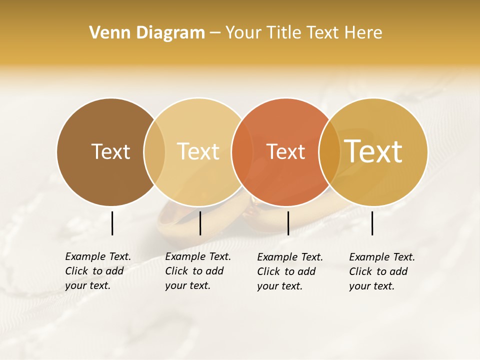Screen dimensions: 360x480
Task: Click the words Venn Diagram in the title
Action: point(147,33)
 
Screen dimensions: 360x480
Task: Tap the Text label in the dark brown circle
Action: point(110,151)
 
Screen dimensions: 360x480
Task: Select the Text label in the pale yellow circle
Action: point(198,151)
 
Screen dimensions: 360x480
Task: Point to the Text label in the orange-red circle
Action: point(286,151)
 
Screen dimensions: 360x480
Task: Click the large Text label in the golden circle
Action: point(373,151)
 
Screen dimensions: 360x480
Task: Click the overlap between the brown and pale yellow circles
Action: point(154,151)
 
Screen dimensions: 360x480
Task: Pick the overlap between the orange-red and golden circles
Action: point(329,151)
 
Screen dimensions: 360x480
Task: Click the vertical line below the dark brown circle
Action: point(112,223)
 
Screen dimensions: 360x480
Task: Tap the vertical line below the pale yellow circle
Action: point(200,223)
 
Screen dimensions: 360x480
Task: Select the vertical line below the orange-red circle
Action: point(288,223)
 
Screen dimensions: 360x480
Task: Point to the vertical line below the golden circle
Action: point(372,223)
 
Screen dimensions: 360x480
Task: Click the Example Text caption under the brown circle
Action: point(98,271)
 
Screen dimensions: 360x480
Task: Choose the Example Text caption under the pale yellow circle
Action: point(198,271)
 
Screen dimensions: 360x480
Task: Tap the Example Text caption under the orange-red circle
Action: point(290,271)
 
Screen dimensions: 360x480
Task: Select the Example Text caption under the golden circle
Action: point(382,271)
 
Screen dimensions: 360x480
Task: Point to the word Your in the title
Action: point(243,33)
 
